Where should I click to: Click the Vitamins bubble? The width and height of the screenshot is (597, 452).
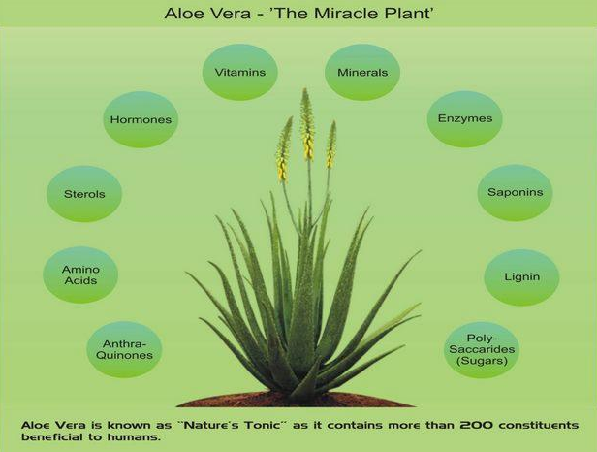[x=240, y=72]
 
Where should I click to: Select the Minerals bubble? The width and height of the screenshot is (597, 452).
[x=362, y=72]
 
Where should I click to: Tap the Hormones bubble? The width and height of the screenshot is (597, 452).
[x=141, y=119]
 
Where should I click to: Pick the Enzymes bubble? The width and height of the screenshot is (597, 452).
[x=465, y=118]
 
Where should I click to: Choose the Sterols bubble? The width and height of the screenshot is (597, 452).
[x=84, y=194]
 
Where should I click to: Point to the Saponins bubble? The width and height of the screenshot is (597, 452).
[x=516, y=192]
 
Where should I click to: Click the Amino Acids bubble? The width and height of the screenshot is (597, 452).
[x=80, y=274]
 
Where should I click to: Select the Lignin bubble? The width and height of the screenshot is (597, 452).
[x=521, y=277]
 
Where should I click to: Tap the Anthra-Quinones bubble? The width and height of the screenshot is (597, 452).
[x=124, y=349]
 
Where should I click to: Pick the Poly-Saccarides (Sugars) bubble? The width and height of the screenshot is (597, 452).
[x=482, y=349]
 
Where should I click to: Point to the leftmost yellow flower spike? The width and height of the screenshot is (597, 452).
[x=284, y=149]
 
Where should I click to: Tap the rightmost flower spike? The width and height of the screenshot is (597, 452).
[x=331, y=145]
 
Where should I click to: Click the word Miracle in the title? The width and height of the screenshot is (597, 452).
[x=347, y=14]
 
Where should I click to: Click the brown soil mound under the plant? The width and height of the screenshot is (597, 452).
[x=297, y=399]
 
